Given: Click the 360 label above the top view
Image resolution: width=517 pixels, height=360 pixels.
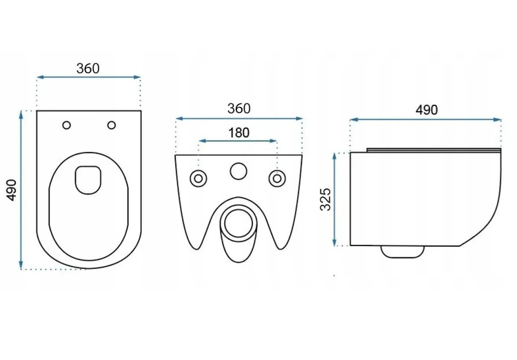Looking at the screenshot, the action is (x=88, y=68).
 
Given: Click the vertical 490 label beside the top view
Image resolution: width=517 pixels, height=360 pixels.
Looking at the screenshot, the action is (x=12, y=190).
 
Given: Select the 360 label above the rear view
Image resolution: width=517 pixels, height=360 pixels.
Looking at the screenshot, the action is (x=239, y=108).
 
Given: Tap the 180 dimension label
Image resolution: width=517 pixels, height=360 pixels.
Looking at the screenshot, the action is (x=239, y=132).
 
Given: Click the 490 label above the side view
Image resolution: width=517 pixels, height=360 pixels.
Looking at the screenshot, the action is (x=426, y=110).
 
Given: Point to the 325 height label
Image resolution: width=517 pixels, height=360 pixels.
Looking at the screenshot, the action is (x=325, y=199).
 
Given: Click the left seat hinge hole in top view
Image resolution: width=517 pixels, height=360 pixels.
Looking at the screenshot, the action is (x=67, y=125).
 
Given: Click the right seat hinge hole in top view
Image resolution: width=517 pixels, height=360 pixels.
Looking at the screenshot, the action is (x=112, y=125).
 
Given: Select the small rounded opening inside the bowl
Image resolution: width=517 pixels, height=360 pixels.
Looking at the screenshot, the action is (x=88, y=179).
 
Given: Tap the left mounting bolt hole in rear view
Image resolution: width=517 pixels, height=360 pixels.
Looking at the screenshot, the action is (x=198, y=179).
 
